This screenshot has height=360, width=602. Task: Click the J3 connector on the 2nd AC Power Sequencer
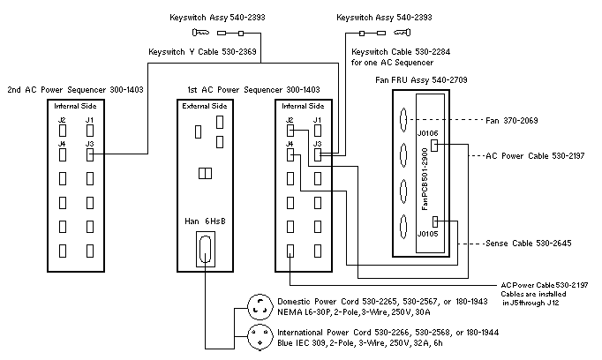tap(91, 154)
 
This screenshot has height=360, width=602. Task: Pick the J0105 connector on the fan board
tap(448, 224)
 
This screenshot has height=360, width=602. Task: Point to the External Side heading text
tap(207, 107)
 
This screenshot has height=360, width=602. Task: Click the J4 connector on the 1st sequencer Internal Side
tap(290, 154)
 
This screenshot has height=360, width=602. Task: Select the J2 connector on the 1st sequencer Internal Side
tap(290, 131)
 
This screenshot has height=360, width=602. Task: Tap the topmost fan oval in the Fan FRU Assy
tap(405, 123)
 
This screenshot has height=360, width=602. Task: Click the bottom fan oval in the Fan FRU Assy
tap(405, 227)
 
